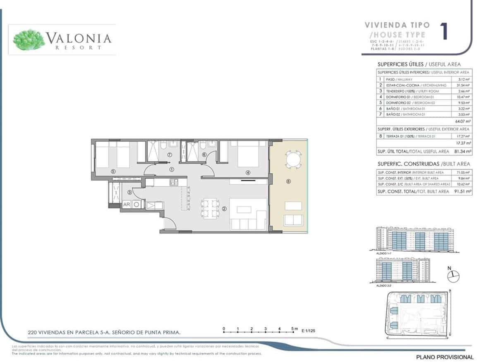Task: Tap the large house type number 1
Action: click(445, 32)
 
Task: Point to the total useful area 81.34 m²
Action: click(462, 151)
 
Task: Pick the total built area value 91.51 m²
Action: click(462, 191)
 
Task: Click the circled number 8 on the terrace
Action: click(288, 181)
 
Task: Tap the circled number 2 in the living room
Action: click(224, 209)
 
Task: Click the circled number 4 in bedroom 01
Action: click(248, 173)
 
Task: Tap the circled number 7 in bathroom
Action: click(169, 155)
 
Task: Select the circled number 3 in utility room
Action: click(129, 192)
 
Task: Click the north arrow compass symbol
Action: click(454, 276)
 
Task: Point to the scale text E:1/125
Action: click(309, 331)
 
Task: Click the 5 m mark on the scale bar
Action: click(294, 329)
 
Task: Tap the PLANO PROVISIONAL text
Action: click(445, 357)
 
